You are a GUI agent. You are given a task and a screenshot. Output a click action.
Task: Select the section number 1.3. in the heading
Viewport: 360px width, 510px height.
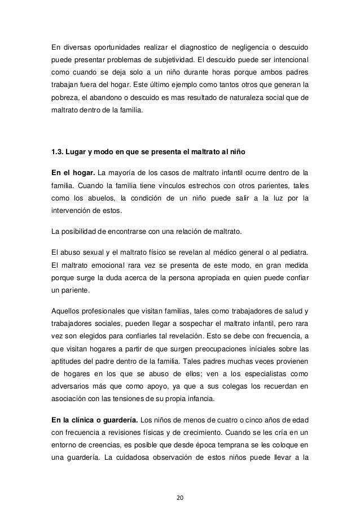59,152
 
